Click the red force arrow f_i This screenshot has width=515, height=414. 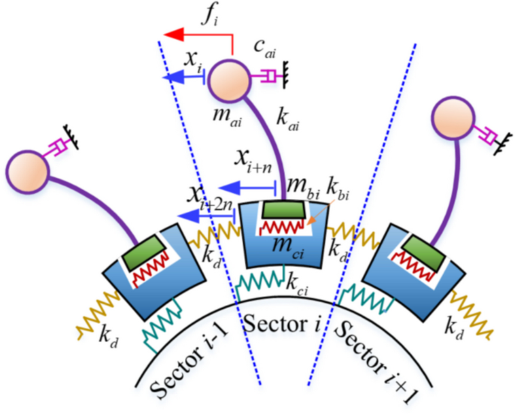[x=197, y=35]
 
